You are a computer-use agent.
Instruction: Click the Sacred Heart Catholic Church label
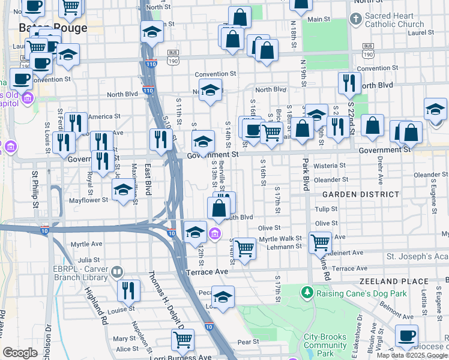coord(394,20)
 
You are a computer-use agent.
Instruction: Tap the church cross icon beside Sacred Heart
coord(355,20)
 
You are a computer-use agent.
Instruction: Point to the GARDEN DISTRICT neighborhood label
coord(360,194)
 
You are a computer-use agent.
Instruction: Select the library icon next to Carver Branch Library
coord(116,273)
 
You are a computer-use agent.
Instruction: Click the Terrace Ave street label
coord(208,272)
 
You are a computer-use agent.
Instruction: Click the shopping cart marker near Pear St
coord(182,339)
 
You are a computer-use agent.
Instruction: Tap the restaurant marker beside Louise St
coord(128,290)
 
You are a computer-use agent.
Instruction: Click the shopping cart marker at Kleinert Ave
coord(320,242)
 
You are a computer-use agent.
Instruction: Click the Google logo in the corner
coord(20,353)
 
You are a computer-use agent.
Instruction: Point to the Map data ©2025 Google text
coord(412,355)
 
